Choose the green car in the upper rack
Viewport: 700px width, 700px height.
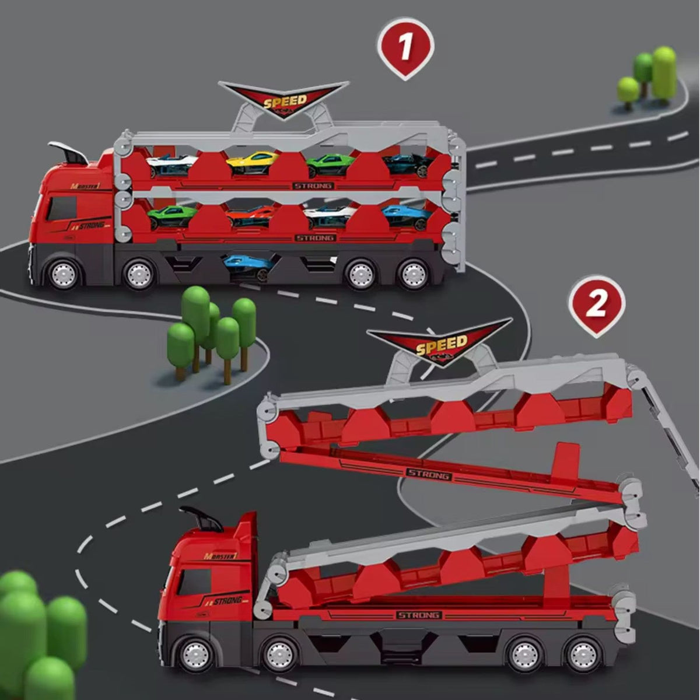point(331,164)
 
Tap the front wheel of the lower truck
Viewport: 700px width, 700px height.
point(195,652)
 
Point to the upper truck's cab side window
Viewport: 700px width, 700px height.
point(61,208)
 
